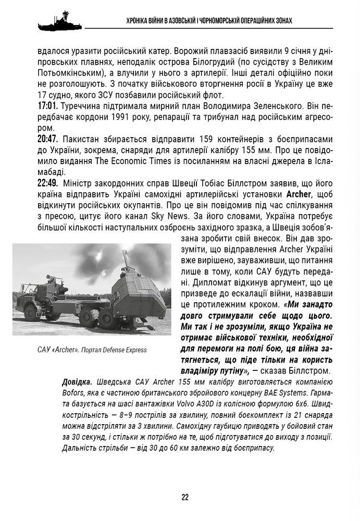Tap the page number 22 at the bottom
185,497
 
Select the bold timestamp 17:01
48,106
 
